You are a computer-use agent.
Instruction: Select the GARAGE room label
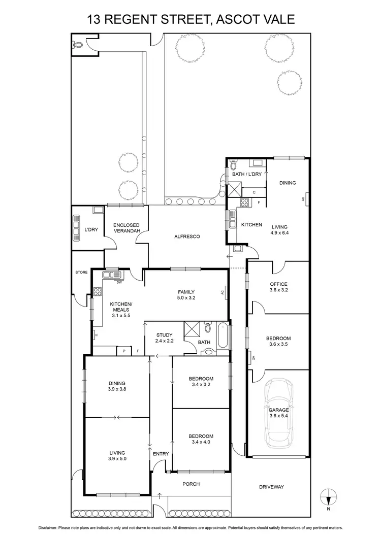click(278, 410)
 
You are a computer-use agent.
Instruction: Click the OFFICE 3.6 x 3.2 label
click(278, 287)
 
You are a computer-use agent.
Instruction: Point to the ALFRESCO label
click(186, 237)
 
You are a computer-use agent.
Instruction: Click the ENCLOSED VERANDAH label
click(126, 228)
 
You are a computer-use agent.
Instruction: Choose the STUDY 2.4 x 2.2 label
click(164, 338)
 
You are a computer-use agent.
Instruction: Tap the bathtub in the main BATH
click(224, 335)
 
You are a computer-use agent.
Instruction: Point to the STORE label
click(81, 273)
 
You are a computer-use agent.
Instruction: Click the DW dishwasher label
click(119, 282)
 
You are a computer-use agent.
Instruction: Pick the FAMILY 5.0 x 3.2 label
click(185, 295)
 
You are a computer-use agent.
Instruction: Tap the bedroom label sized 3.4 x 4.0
click(201, 440)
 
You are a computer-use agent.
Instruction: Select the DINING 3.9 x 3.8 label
click(116, 386)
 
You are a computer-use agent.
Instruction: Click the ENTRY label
click(161, 454)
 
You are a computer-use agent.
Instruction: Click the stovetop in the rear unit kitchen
click(244, 204)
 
